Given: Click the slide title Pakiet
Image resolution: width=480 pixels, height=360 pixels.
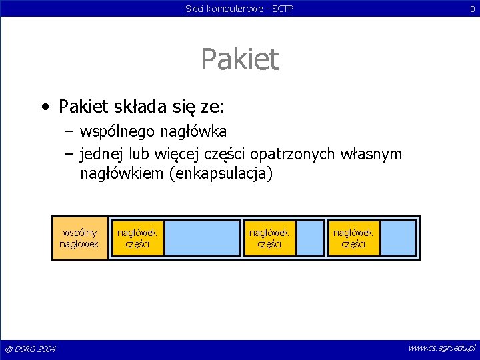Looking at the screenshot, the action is (240, 59).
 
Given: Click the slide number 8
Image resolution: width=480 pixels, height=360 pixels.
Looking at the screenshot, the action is (471, 9).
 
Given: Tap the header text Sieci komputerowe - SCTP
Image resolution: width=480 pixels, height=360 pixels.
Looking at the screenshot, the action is (240, 9).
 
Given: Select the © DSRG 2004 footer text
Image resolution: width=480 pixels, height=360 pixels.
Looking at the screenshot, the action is (31, 349).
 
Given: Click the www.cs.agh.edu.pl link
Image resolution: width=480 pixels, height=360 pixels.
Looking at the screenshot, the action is (441, 348).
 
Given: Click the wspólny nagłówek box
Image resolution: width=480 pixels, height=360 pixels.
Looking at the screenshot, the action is (79, 238).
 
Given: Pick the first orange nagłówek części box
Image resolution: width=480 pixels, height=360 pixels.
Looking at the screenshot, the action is (137, 238).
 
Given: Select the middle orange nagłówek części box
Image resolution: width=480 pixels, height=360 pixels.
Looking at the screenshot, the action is (269, 238).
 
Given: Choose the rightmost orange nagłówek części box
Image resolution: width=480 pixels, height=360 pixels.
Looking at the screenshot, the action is (353, 238).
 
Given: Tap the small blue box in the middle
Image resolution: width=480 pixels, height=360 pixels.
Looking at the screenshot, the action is (310, 238).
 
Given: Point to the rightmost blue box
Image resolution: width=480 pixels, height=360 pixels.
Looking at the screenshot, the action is (398, 238).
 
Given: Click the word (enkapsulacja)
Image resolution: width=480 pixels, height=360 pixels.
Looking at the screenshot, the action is (221, 175).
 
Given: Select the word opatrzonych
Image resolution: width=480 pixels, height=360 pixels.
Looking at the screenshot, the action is (295, 155).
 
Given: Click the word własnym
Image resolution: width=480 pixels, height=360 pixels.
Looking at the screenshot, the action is (371, 155).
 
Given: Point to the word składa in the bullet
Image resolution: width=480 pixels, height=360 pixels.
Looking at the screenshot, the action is (141, 106).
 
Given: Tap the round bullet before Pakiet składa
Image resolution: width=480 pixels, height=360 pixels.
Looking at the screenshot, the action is (45, 107).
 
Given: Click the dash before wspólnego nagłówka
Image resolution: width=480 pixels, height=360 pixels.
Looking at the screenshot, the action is (69, 129).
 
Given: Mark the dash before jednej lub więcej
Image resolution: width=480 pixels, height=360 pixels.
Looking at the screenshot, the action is (69, 155).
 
